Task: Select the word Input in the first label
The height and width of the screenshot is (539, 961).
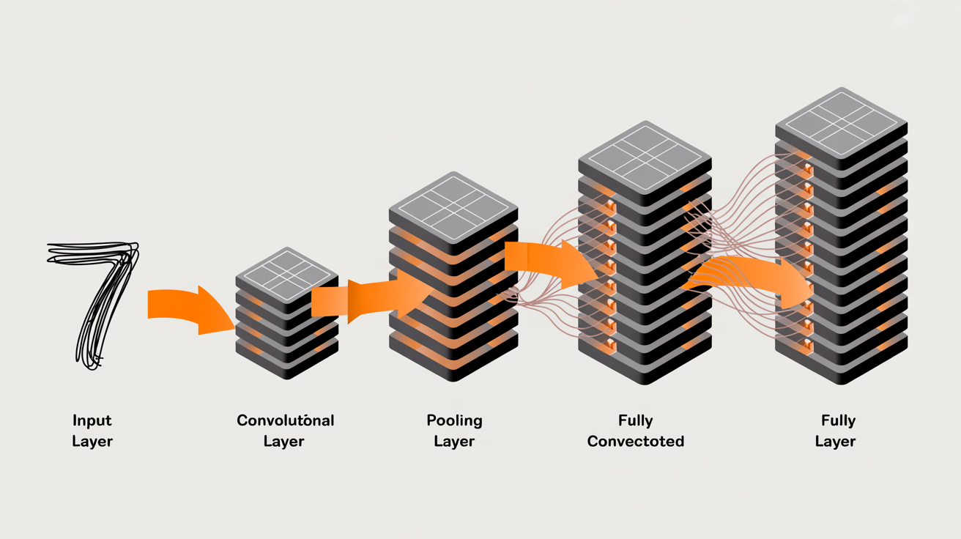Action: (x=92, y=420)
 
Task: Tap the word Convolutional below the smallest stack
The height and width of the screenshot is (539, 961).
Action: (x=285, y=420)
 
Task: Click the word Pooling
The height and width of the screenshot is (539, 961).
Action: (x=454, y=420)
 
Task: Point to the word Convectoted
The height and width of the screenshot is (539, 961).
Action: (x=635, y=442)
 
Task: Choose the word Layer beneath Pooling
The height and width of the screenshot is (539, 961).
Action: (x=454, y=442)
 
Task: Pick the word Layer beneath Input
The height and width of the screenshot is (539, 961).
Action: (x=92, y=442)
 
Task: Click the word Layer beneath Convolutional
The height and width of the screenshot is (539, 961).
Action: (x=283, y=442)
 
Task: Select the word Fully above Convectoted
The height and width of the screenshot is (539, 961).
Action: (x=635, y=420)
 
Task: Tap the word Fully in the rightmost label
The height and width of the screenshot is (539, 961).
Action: (x=838, y=420)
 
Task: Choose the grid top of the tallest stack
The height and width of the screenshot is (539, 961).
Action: (x=841, y=122)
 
